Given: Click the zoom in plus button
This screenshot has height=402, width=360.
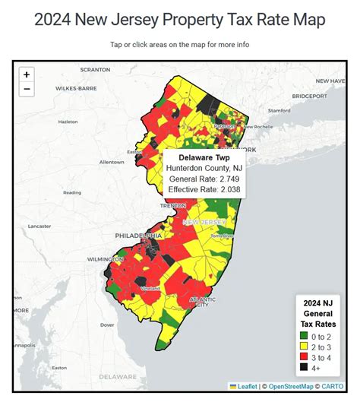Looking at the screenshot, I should (27, 74).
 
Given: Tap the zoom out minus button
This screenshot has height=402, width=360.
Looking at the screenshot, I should (27, 90).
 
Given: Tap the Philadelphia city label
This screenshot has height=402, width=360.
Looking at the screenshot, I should (137, 236).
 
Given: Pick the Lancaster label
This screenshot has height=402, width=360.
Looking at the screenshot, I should (39, 226).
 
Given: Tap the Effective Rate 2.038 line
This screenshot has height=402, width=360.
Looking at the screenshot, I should (201, 191).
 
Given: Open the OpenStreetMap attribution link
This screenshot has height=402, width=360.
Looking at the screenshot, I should (293, 387).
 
